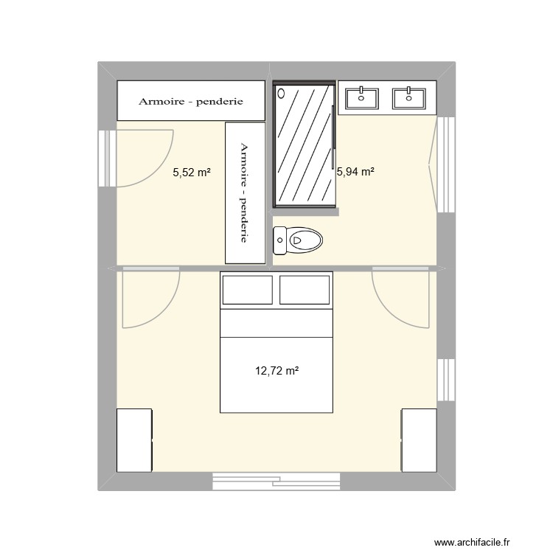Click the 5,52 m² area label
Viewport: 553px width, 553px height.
pyautogui.click(x=192, y=173)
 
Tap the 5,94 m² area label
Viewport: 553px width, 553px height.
pyautogui.click(x=355, y=173)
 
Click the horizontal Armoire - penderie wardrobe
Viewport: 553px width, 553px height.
pyautogui.click(x=191, y=100)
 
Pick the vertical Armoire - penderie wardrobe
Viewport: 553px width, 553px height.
pyautogui.click(x=245, y=192)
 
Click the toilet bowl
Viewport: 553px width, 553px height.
pyautogui.click(x=299, y=240)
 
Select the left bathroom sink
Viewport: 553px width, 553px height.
pyautogui.click(x=361, y=97)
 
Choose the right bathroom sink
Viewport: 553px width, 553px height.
pyautogui.click(x=408, y=97)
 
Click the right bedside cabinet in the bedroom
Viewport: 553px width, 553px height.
pyautogui.click(x=419, y=440)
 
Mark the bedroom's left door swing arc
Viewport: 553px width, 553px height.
pyautogui.click(x=152, y=299)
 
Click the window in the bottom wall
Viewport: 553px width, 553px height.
pyautogui.click(x=277, y=481)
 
